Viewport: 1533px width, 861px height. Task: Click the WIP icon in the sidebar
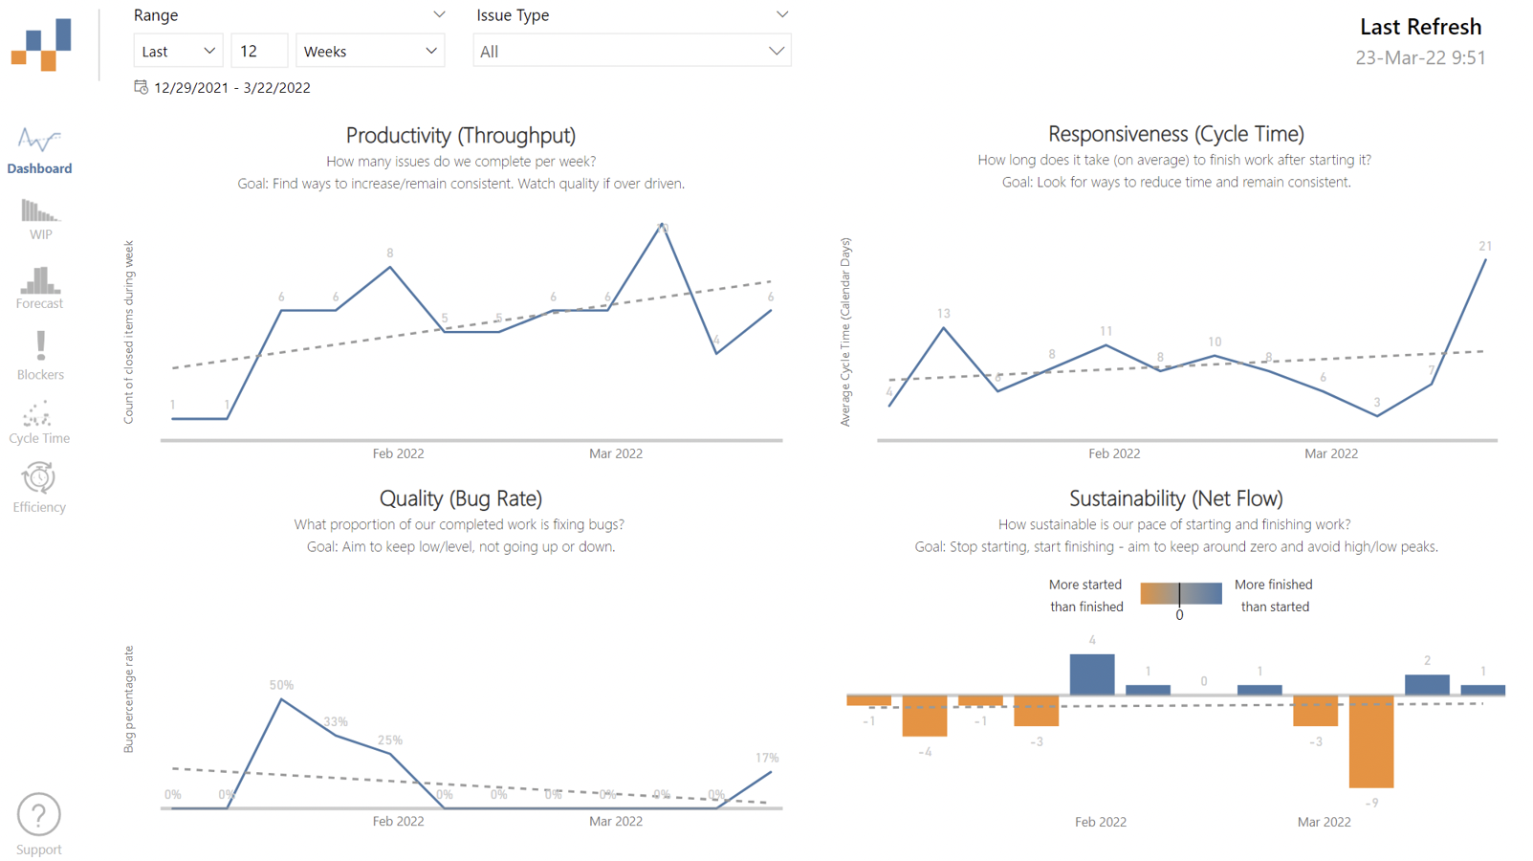click(x=39, y=211)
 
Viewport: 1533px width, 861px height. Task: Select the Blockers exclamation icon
click(x=40, y=345)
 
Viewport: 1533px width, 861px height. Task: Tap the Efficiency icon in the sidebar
click(x=38, y=477)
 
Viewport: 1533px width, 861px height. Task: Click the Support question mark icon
click(x=39, y=815)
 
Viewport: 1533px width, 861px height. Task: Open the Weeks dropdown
click(x=370, y=52)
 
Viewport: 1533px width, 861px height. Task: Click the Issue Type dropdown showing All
click(x=631, y=52)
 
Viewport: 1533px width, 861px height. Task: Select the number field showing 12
click(x=258, y=52)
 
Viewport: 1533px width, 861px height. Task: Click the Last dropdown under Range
click(x=178, y=52)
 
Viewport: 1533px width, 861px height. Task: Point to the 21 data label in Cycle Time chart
click(x=1485, y=246)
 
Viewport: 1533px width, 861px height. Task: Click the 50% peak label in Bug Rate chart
click(x=281, y=685)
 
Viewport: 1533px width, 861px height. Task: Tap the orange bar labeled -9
click(x=1371, y=741)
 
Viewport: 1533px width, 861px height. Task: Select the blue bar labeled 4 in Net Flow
click(x=1092, y=674)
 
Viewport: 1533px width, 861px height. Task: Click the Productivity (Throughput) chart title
click(x=460, y=136)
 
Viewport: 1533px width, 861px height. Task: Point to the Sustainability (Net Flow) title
click(x=1175, y=498)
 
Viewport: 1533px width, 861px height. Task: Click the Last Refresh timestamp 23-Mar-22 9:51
click(x=1420, y=57)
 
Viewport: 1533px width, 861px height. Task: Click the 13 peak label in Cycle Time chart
click(x=944, y=314)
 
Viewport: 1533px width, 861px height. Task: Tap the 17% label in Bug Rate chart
click(x=767, y=758)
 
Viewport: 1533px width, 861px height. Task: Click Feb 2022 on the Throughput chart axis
click(x=398, y=453)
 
